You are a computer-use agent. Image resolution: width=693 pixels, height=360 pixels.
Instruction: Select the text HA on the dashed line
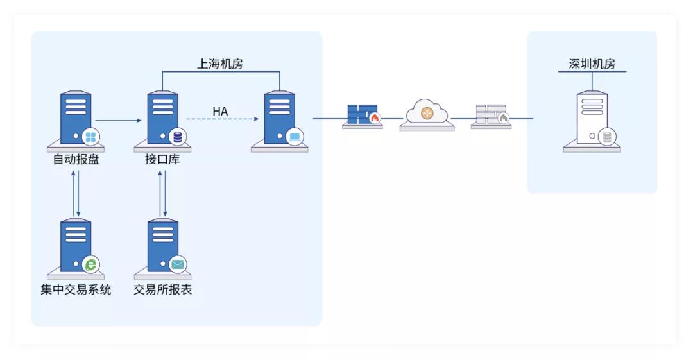(220, 112)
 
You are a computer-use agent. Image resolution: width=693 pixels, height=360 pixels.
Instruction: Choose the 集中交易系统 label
(76, 289)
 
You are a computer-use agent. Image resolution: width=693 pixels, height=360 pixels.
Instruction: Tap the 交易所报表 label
(162, 289)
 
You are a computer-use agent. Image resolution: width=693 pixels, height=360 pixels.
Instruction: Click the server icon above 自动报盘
(76, 119)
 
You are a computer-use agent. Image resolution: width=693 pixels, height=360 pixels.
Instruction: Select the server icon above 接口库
(162, 119)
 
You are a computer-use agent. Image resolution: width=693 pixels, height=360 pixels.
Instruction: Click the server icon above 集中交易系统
(76, 247)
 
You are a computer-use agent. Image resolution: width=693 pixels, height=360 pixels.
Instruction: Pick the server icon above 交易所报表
(162, 247)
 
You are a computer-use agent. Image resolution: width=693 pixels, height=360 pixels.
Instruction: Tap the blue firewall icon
(363, 116)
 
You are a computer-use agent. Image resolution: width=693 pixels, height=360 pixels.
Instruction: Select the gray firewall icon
(491, 116)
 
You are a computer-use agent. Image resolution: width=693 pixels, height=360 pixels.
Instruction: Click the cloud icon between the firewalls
(427, 114)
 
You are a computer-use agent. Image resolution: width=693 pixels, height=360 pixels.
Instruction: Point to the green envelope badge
(177, 263)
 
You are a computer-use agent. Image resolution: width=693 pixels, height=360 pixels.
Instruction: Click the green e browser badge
(91, 263)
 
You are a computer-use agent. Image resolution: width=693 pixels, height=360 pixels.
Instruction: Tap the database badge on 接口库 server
(177, 136)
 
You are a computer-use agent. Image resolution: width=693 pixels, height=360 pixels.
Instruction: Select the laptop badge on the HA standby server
(295, 136)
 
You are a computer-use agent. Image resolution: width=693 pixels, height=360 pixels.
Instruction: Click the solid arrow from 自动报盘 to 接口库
(118, 120)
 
